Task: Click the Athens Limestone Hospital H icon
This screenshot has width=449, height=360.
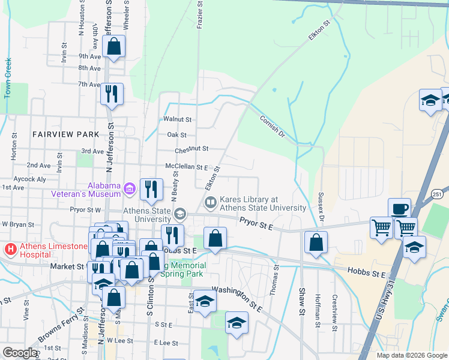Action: pos(10,248)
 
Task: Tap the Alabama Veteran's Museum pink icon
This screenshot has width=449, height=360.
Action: pos(129,190)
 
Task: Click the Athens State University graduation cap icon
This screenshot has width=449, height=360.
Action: pos(179,214)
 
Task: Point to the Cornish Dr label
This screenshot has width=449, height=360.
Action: pos(272,126)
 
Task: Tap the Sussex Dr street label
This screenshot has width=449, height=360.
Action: pos(322,205)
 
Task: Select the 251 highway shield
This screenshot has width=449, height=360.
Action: pos(436,193)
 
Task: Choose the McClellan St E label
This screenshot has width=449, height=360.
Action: pos(186,167)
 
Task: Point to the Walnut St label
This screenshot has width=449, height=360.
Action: pos(177,119)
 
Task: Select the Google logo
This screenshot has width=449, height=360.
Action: pos(20,353)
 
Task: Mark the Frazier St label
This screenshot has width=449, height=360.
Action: pos(200,16)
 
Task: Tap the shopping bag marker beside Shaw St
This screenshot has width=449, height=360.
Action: pos(316,242)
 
